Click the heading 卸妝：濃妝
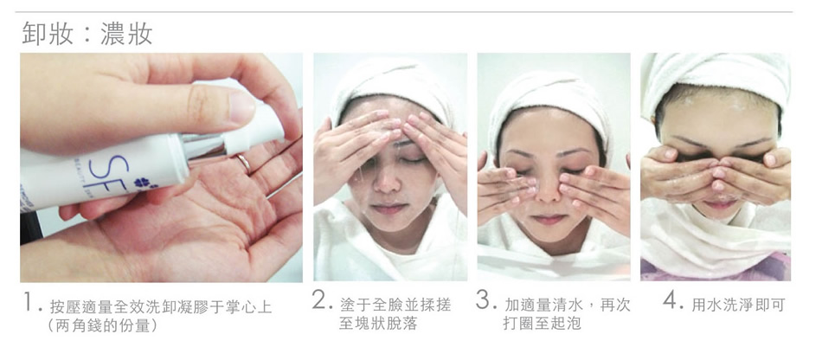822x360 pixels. (87, 34)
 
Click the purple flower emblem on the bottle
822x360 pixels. (143, 183)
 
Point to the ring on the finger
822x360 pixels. (244, 163)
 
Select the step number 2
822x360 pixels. (321, 299)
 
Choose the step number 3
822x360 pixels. (485, 299)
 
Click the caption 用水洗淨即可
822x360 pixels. (738, 305)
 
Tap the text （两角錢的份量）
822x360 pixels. (102, 325)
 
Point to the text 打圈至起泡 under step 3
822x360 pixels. (542, 324)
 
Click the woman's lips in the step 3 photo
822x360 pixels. (549, 219)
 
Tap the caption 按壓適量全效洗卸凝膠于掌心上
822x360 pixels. (161, 307)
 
